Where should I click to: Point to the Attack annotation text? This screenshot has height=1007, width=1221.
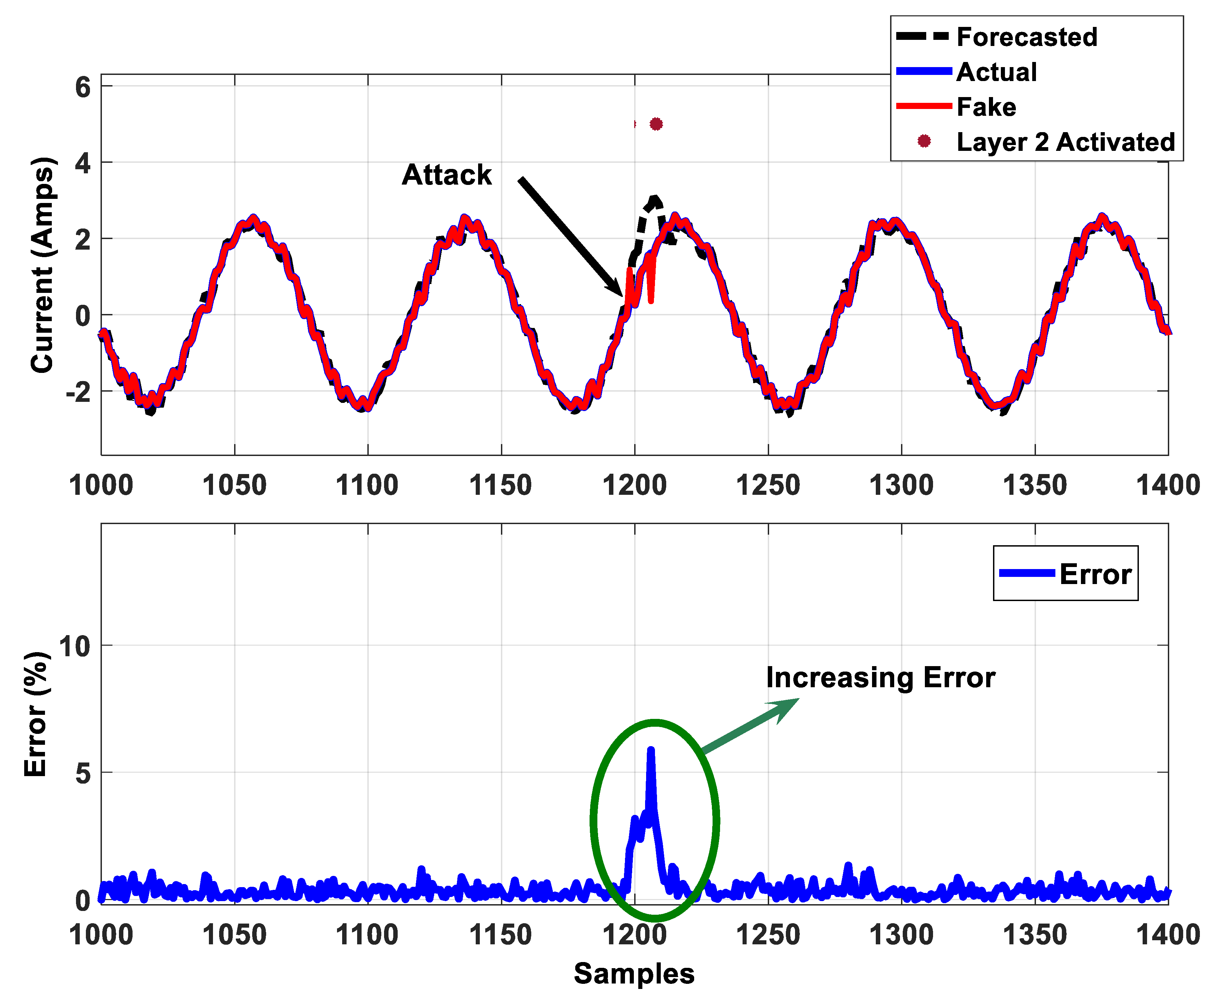446,175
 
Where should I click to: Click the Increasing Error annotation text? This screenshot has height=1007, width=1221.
880,678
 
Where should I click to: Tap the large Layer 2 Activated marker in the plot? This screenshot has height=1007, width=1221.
656,124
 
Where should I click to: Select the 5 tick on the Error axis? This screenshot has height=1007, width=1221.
83,773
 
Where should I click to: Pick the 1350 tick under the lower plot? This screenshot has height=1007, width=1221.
1035,935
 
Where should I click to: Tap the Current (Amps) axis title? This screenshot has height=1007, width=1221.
42,265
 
